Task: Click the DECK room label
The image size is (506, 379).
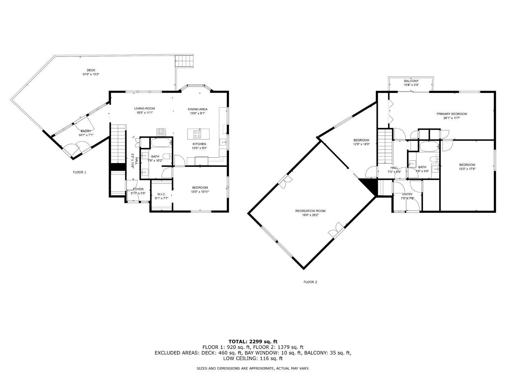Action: (x=91, y=70)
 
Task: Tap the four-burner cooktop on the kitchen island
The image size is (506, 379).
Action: (x=197, y=134)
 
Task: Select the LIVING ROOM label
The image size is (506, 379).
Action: (x=144, y=108)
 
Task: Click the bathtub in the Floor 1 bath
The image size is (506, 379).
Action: (x=162, y=143)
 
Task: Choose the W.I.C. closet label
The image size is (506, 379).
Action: (x=162, y=194)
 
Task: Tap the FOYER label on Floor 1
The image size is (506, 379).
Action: (x=138, y=189)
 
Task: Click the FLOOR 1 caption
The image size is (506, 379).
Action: (x=80, y=172)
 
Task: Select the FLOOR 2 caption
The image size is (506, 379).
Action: (x=310, y=282)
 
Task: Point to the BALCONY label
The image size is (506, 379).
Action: (x=411, y=81)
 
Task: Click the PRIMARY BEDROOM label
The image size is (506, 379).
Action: (x=452, y=114)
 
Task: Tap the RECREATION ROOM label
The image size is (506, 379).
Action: (x=310, y=211)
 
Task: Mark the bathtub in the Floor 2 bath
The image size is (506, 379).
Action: (x=429, y=146)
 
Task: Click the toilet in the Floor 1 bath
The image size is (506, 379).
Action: (x=167, y=156)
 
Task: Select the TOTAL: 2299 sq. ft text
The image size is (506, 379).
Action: (x=253, y=342)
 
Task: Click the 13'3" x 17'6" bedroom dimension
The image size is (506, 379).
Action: (x=467, y=169)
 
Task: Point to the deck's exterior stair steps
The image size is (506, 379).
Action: (x=184, y=61)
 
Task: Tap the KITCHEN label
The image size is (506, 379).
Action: (x=199, y=144)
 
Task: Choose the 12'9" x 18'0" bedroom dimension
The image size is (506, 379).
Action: (x=361, y=144)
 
